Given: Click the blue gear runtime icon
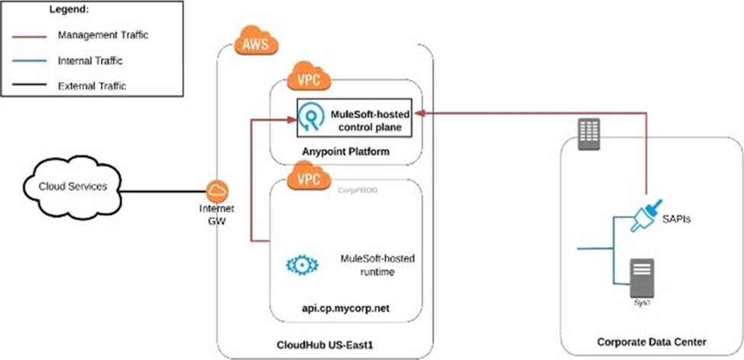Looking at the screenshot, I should click(x=299, y=264).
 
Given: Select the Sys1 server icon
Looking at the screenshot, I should click(x=639, y=277).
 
